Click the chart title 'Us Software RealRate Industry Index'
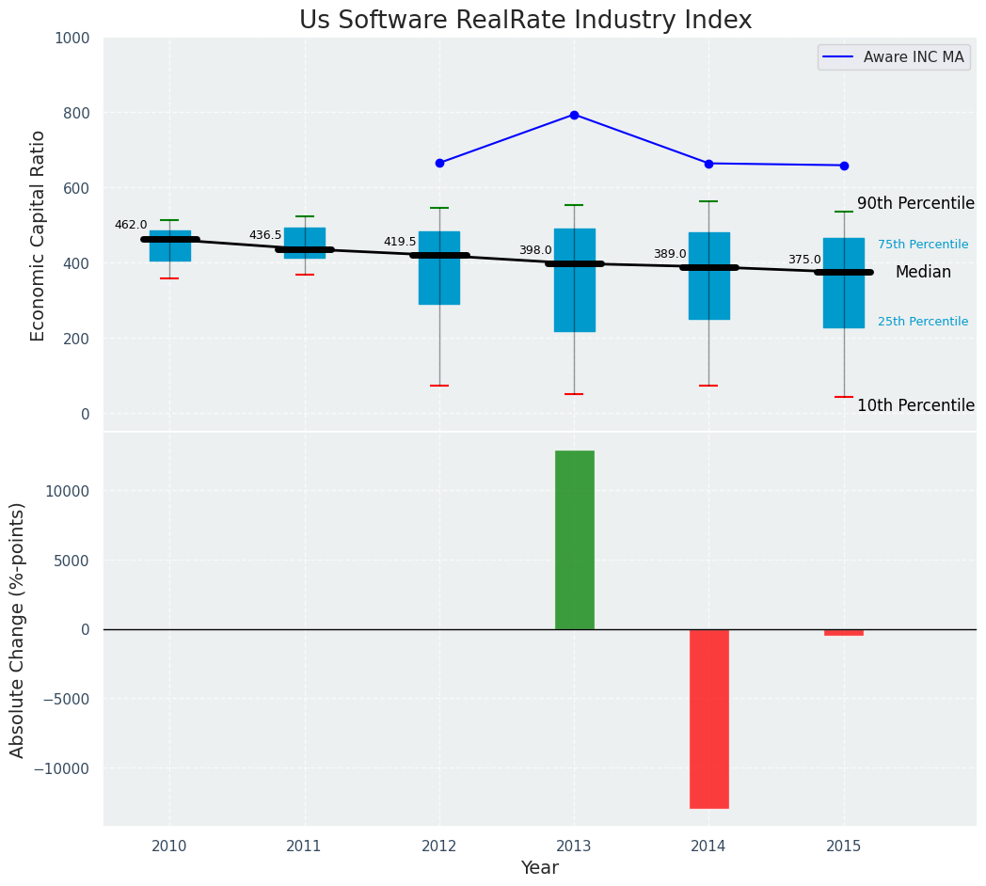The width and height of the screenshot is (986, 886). tap(525, 21)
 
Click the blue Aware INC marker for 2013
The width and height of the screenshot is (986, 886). tap(574, 115)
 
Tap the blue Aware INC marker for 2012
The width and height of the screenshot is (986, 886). tap(439, 163)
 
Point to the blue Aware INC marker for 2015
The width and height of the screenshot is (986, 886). tap(844, 166)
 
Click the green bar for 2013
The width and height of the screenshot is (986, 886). tap(574, 540)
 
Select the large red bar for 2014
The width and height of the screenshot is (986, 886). tap(708, 719)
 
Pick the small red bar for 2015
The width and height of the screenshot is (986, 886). tap(844, 632)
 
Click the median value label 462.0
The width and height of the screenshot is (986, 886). tap(131, 226)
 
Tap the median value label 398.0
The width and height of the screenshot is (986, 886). tap(535, 250)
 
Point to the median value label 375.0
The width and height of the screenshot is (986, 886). tap(804, 261)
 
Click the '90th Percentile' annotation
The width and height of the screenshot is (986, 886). tap(915, 204)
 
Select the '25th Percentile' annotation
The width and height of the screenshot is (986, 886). tap(922, 322)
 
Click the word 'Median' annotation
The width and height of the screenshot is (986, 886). tap(923, 273)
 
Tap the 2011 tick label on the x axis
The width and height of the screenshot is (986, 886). tap(304, 846)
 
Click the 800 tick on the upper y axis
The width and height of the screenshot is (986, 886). tap(72, 113)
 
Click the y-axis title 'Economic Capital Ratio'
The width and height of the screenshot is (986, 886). tap(39, 235)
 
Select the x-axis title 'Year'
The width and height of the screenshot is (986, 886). tap(540, 868)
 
